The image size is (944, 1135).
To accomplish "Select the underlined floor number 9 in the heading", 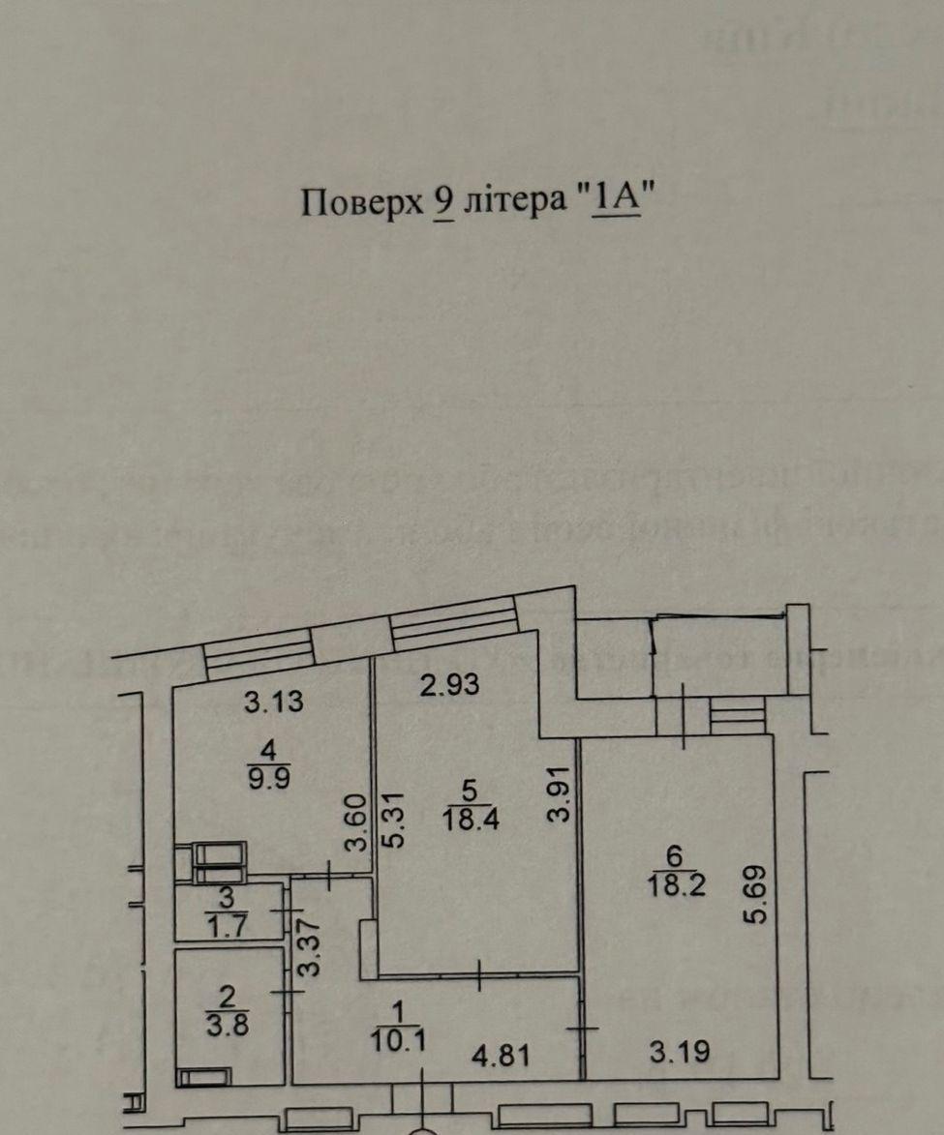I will [x=445, y=203].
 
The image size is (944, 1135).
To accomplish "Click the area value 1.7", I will [x=229, y=923].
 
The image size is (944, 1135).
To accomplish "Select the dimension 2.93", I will [x=450, y=685].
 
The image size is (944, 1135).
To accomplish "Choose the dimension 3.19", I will [x=679, y=1052].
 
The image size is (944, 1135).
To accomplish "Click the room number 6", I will [x=676, y=855].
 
